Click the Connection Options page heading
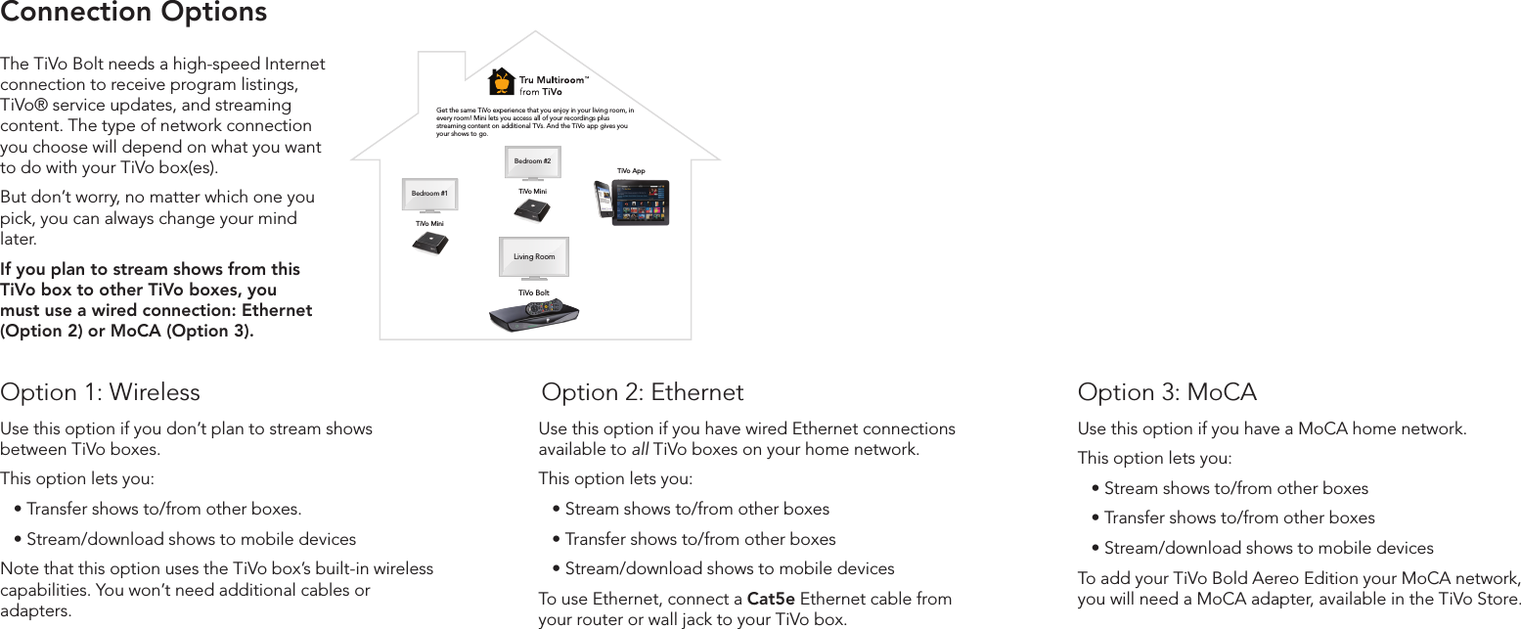[134, 13]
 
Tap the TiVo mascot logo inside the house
[502, 81]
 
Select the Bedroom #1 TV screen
[429, 194]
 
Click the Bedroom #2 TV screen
[533, 161]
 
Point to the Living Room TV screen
[534, 256]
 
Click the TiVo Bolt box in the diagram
[534, 315]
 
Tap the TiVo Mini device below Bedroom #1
[429, 243]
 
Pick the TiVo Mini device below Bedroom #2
[532, 209]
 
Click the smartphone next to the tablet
[603, 201]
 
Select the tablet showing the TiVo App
[641, 202]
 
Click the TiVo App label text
[631, 171]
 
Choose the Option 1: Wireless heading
[101, 392]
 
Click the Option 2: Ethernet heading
[643, 392]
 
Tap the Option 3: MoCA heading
[1167, 392]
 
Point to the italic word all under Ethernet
[640, 450]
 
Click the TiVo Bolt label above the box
[533, 292]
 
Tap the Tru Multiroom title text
[554, 80]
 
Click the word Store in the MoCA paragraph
[1497, 599]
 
